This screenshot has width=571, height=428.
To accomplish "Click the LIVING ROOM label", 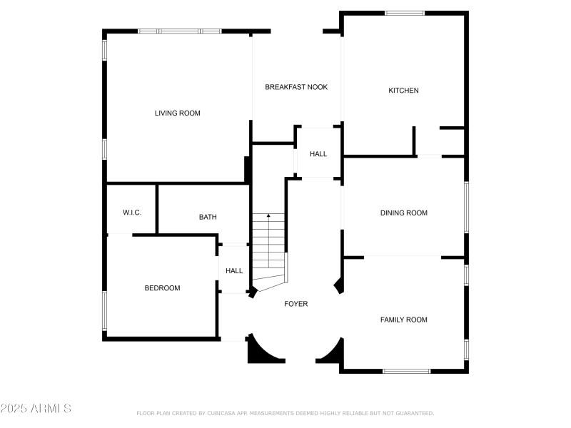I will [178, 113].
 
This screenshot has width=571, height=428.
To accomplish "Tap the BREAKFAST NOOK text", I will [296, 87].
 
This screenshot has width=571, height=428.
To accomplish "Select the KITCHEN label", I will [403, 91].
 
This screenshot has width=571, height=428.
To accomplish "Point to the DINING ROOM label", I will [403, 213].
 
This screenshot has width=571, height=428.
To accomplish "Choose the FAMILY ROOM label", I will [403, 320].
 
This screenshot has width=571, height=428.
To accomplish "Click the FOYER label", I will [296, 304].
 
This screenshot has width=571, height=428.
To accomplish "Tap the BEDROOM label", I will [162, 288].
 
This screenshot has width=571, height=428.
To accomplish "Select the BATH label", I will [208, 217].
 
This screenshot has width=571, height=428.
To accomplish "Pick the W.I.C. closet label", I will [132, 213].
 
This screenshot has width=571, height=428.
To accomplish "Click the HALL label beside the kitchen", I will [318, 154].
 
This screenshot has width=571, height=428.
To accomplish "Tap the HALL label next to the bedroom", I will [234, 271].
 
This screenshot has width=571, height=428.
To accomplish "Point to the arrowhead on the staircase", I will [268, 215].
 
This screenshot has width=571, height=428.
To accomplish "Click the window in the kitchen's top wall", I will [404, 13].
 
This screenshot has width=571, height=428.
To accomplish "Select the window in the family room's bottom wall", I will [406, 371].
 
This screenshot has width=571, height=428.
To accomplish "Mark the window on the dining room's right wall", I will [466, 207].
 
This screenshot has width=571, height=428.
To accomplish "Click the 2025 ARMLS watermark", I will [36, 409].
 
